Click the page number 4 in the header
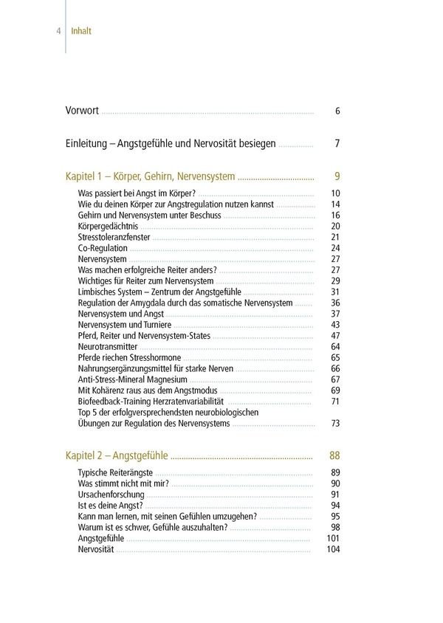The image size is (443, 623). [x=58, y=32]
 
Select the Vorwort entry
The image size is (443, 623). [x=82, y=111]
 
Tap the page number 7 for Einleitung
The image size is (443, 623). [x=337, y=143]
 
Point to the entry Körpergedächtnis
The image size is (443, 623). [x=108, y=226]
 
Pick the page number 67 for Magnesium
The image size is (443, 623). [x=335, y=379]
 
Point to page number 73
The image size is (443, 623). [x=335, y=424]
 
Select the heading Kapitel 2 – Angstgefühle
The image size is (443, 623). [x=117, y=455]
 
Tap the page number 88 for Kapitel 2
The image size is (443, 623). [x=334, y=455]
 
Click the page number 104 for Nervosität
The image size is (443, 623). [x=333, y=550]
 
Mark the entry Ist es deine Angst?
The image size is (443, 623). [x=110, y=506]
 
